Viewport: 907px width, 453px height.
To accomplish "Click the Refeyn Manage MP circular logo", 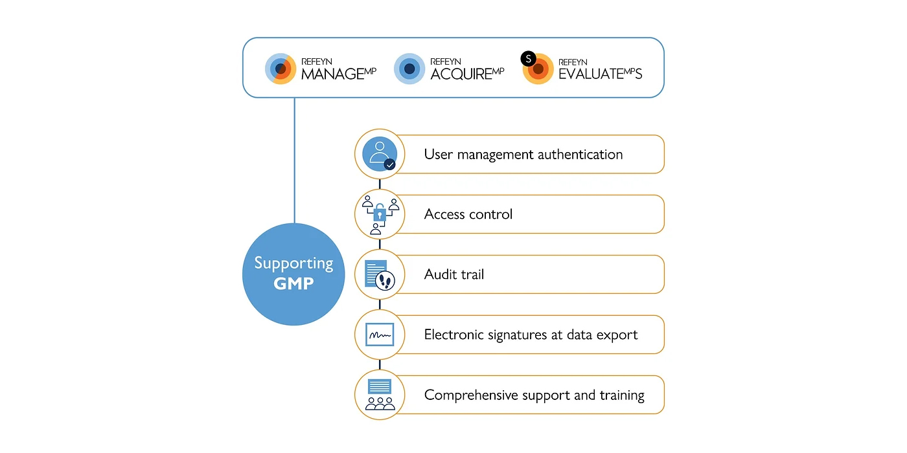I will tap(281, 69).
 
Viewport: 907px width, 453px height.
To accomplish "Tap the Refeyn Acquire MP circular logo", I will tap(409, 69).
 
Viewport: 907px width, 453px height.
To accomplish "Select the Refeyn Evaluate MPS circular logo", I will tap(539, 69).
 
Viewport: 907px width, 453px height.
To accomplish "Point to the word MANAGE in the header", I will tap(330, 74).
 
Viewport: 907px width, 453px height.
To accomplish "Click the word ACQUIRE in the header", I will tap(461, 74).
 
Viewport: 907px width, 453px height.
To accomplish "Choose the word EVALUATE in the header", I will tap(590, 74).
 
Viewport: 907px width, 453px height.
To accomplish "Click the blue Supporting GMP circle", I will tap(293, 274).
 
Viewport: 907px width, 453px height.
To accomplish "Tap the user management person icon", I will tap(378, 153).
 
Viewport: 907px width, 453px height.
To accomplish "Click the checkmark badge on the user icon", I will tap(389, 164).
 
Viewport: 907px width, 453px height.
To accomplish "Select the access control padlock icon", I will tap(380, 214).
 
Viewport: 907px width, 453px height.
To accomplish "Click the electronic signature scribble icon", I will tap(380, 335).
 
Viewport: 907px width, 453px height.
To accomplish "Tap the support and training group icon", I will tap(380, 395).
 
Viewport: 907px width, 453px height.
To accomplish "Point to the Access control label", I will tap(468, 214).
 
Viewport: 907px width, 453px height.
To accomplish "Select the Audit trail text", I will tap(454, 274).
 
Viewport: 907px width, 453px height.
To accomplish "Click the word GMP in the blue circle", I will tap(293, 283).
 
